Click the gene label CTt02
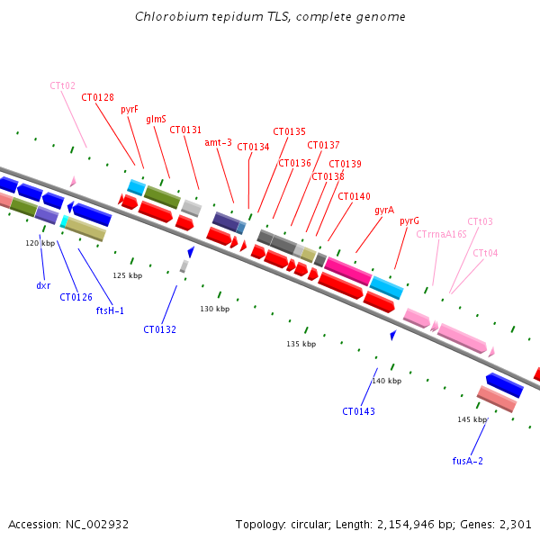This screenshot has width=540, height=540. coord(62,85)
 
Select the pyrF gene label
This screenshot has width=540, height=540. coord(129,109)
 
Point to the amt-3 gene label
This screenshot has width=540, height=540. coord(218,142)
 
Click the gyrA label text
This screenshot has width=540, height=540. coord(384,210)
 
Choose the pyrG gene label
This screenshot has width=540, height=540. coord(409,220)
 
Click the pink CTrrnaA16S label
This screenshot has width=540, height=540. coord(441,234)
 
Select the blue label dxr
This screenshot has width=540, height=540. coord(43,285)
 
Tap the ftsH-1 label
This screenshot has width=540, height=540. coord(110,310)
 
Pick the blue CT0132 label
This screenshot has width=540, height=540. coord(159,329)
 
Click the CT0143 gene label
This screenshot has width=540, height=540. coord(358,411)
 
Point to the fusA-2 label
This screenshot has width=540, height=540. coord(468,460)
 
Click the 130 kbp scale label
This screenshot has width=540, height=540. coord(214,309)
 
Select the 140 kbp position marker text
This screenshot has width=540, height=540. coord(387,381)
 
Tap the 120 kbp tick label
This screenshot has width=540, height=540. coord(40,243)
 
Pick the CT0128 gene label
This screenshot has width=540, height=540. coord(97,97)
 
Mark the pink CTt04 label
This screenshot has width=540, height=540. coord(485,253)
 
